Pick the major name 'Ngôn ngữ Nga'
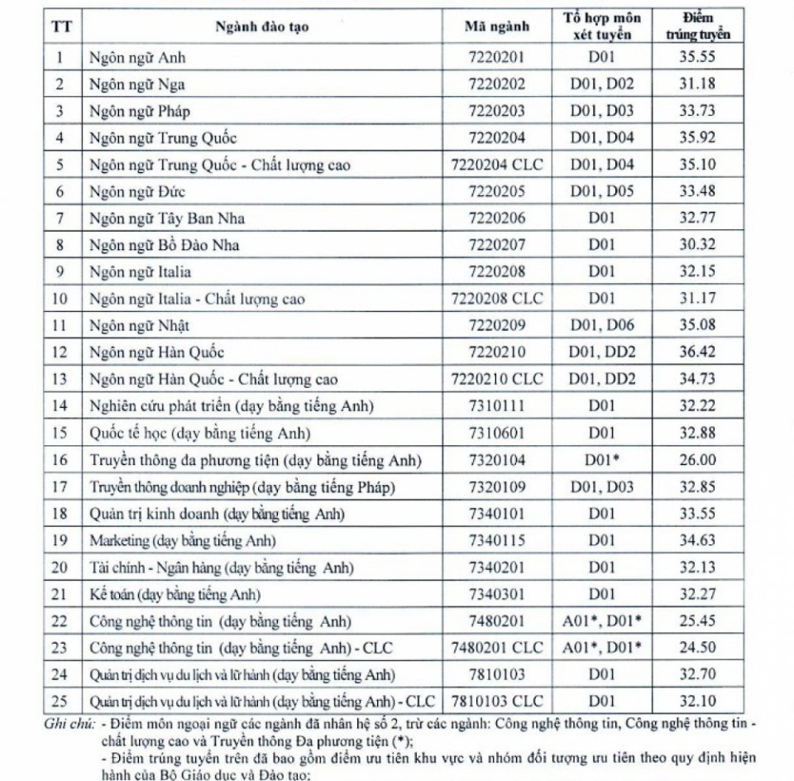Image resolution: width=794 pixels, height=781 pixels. click(137, 84)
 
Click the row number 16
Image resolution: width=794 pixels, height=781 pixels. click(59, 460)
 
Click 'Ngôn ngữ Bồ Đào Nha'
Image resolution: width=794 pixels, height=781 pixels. click(165, 245)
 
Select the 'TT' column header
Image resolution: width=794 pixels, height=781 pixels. click(60, 26)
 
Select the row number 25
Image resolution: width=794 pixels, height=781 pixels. click(59, 701)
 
